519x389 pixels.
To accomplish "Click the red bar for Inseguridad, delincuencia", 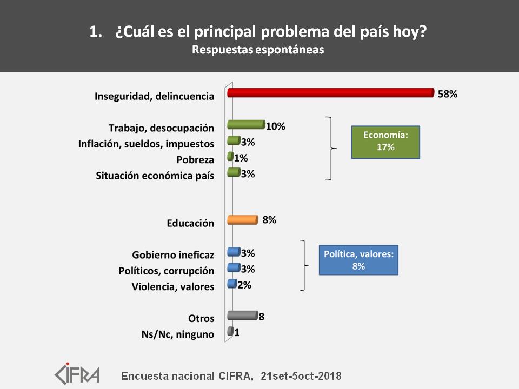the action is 331,92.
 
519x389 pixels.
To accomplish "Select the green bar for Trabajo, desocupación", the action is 247,124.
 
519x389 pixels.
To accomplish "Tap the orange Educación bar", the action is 243,220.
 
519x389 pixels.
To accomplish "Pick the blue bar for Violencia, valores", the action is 232,284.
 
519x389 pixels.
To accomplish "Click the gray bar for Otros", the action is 243,315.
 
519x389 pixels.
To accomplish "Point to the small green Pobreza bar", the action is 230,157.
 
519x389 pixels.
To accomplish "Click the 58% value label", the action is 448,94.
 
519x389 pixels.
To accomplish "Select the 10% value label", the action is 276,126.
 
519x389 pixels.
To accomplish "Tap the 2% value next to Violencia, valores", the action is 244,285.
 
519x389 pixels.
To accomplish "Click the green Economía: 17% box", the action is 385,142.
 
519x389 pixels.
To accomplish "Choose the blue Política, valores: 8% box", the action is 358,260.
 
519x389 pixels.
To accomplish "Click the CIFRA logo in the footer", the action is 77,373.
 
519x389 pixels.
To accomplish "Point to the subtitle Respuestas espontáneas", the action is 258,50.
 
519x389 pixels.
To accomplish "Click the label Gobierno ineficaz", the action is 173,254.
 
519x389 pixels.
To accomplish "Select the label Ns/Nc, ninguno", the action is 178,334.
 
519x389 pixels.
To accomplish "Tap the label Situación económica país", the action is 155,175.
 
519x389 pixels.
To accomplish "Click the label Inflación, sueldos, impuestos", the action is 147,144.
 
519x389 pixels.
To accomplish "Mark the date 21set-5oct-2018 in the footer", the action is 301,376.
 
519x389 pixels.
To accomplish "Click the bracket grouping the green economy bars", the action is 331,149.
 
